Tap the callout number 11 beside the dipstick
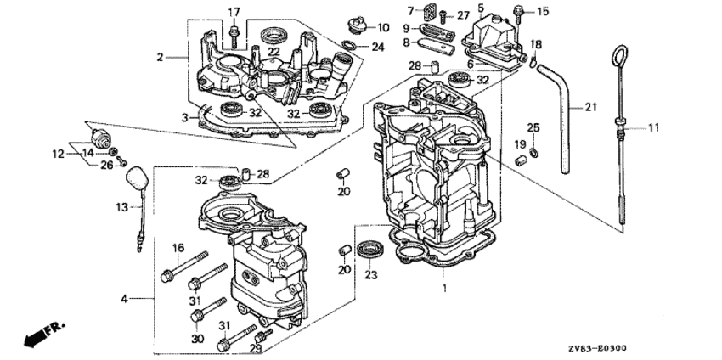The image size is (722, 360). [x=654, y=127]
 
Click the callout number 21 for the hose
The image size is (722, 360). [x=589, y=108]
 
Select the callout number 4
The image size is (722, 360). [x=125, y=299]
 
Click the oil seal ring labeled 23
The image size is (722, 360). [x=371, y=249]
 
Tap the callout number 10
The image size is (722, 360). [x=382, y=27]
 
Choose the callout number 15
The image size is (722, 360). [x=543, y=11]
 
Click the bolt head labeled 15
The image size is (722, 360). [x=517, y=9]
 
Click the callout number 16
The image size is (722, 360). [x=178, y=248]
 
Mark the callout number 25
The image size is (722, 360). [x=533, y=127]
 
